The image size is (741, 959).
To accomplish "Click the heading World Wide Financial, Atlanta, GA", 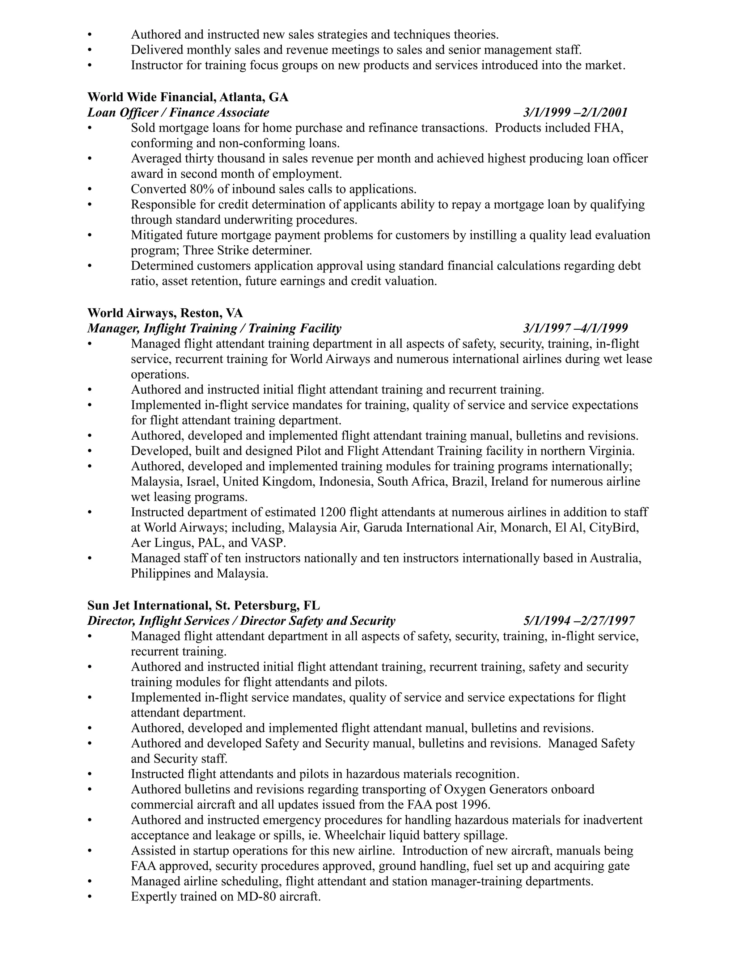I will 187,97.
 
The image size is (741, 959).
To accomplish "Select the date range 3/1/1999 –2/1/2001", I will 575,113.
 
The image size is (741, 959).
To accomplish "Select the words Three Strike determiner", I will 247,251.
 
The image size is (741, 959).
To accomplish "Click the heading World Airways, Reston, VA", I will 165,313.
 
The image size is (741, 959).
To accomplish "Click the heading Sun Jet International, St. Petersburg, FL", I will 203,605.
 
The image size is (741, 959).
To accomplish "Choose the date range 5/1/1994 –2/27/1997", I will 579,621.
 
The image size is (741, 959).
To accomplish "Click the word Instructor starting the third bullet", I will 157,66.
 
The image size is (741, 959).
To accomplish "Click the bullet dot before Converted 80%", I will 90,189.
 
